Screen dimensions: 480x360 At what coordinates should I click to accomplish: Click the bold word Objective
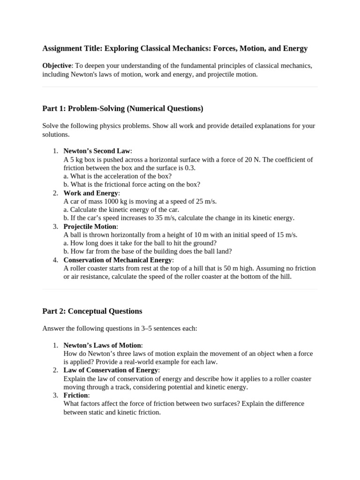(x=57, y=66)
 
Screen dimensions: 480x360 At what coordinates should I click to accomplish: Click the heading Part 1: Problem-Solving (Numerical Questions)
(x=123, y=109)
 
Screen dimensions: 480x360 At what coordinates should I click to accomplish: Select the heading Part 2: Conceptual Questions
(x=92, y=311)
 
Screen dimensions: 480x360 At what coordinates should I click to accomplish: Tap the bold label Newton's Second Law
(x=97, y=151)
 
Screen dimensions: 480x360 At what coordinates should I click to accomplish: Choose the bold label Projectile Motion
(x=90, y=226)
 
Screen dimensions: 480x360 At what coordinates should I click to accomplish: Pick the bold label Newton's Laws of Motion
(x=102, y=345)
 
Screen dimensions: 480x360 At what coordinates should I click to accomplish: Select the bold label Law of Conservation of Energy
(x=111, y=370)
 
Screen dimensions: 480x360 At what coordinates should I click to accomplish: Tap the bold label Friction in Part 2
(x=75, y=395)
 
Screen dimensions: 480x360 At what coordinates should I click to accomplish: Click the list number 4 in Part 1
(x=55, y=260)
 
